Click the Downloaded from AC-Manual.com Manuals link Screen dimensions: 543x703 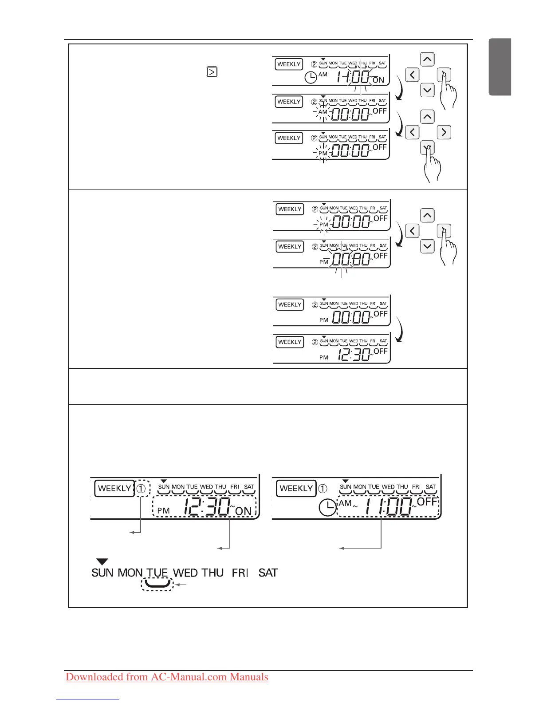point(167,677)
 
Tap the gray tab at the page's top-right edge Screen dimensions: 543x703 point(500,67)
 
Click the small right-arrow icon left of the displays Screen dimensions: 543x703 point(212,71)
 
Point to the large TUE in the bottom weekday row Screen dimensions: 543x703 point(157,573)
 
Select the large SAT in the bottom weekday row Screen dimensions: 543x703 point(268,573)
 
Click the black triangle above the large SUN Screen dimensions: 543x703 point(102,562)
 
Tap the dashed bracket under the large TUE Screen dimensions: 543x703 point(157,584)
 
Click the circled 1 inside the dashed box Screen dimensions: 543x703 point(141,489)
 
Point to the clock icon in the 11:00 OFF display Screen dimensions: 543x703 point(327,507)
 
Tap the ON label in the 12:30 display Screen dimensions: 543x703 point(243,511)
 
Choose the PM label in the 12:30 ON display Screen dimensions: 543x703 point(163,511)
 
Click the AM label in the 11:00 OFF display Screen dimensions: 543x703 point(345,503)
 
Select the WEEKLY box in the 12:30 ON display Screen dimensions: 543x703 point(114,489)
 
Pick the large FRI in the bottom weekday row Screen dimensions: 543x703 point(240,573)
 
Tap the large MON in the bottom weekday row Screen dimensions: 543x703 point(130,573)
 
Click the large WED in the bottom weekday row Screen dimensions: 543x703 point(185,573)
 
